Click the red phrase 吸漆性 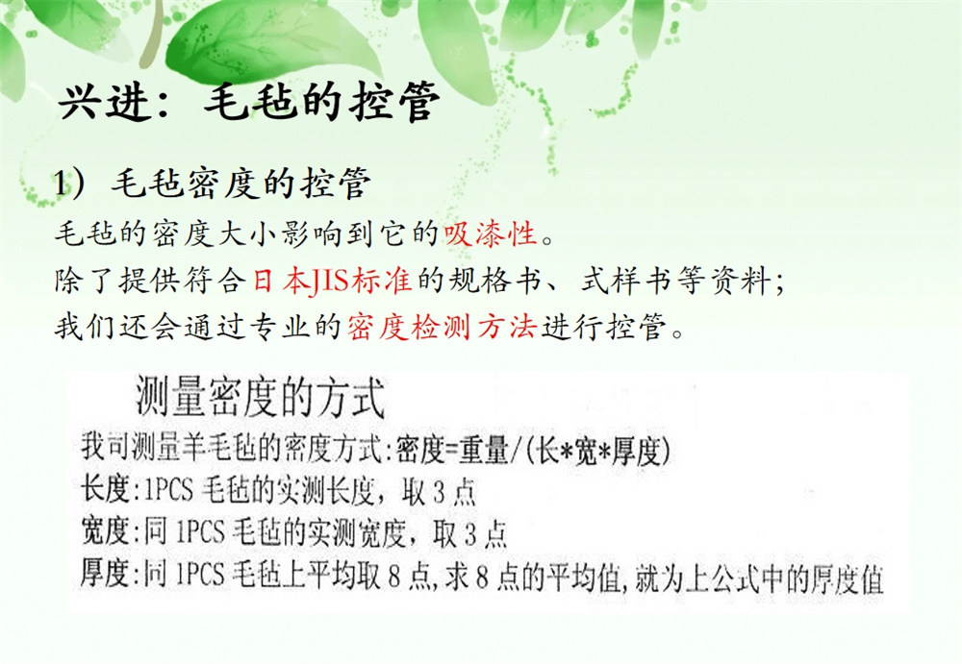tap(490, 234)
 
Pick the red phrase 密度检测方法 tap(442, 326)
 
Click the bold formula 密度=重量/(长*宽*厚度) tap(533, 451)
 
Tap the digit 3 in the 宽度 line tap(470, 534)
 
